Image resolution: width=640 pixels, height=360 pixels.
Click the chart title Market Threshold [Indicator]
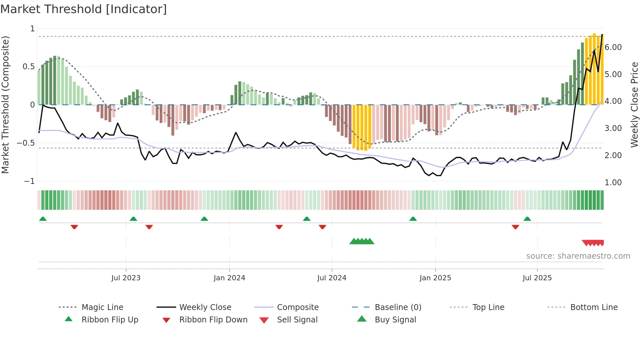(x=84, y=9)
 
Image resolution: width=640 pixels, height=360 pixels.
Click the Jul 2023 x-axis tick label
(x=126, y=278)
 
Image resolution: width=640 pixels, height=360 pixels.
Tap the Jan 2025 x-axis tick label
(x=435, y=278)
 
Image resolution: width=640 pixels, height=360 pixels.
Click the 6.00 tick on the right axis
(x=613, y=47)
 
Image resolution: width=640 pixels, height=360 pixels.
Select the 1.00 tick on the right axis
(x=613, y=183)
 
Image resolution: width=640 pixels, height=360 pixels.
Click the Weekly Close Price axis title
(x=634, y=105)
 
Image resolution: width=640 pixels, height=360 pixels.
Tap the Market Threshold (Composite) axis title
(x=5, y=105)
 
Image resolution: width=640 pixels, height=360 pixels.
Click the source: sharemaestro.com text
(x=578, y=256)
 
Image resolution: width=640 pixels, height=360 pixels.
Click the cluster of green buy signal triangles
(x=362, y=241)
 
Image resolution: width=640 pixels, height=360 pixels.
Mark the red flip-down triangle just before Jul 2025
(x=515, y=227)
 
